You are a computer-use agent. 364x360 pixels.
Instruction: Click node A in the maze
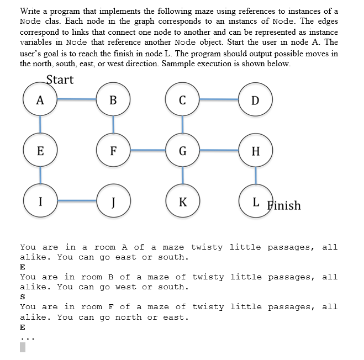[x=40, y=100]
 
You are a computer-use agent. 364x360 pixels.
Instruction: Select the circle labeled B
[x=113, y=100]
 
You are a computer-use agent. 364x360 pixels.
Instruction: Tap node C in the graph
[x=182, y=100]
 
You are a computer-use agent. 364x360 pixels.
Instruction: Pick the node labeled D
[x=255, y=100]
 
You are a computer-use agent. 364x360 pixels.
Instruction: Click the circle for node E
[x=40, y=151]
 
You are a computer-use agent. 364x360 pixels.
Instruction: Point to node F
[x=113, y=151]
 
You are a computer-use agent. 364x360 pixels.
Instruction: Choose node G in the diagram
[x=182, y=151]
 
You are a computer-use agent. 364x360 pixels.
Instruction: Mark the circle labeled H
[x=255, y=151]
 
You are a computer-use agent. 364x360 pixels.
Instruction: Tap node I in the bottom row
[x=40, y=200]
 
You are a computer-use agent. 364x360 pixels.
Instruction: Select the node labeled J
[x=113, y=200]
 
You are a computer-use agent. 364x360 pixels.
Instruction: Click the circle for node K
[x=182, y=200]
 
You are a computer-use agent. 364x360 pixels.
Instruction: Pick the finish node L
[x=255, y=200]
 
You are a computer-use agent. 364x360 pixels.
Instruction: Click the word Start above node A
[x=60, y=80]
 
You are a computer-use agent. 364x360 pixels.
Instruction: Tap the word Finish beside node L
[x=284, y=206]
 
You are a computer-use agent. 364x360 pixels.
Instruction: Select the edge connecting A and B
[x=76, y=100]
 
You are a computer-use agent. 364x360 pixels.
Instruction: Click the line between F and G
[x=147, y=150]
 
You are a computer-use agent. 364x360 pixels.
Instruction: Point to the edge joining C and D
[x=218, y=100]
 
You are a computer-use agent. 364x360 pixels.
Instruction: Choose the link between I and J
[x=76, y=200]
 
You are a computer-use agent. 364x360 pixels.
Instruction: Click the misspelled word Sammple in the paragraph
[x=234, y=63]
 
